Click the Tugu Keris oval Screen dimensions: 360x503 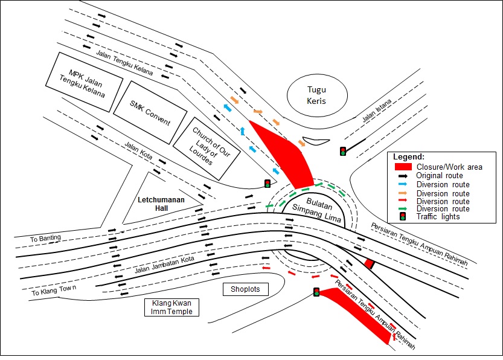(x=316, y=95)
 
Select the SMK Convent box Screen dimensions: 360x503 (x=150, y=112)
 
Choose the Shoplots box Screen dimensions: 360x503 (x=245, y=289)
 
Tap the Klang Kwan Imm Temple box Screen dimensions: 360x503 (x=172, y=307)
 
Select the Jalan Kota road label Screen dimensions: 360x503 (x=138, y=150)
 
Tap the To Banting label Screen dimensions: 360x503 (x=45, y=238)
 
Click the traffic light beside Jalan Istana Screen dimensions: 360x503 (x=343, y=151)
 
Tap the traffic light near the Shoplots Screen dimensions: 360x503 (x=316, y=292)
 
